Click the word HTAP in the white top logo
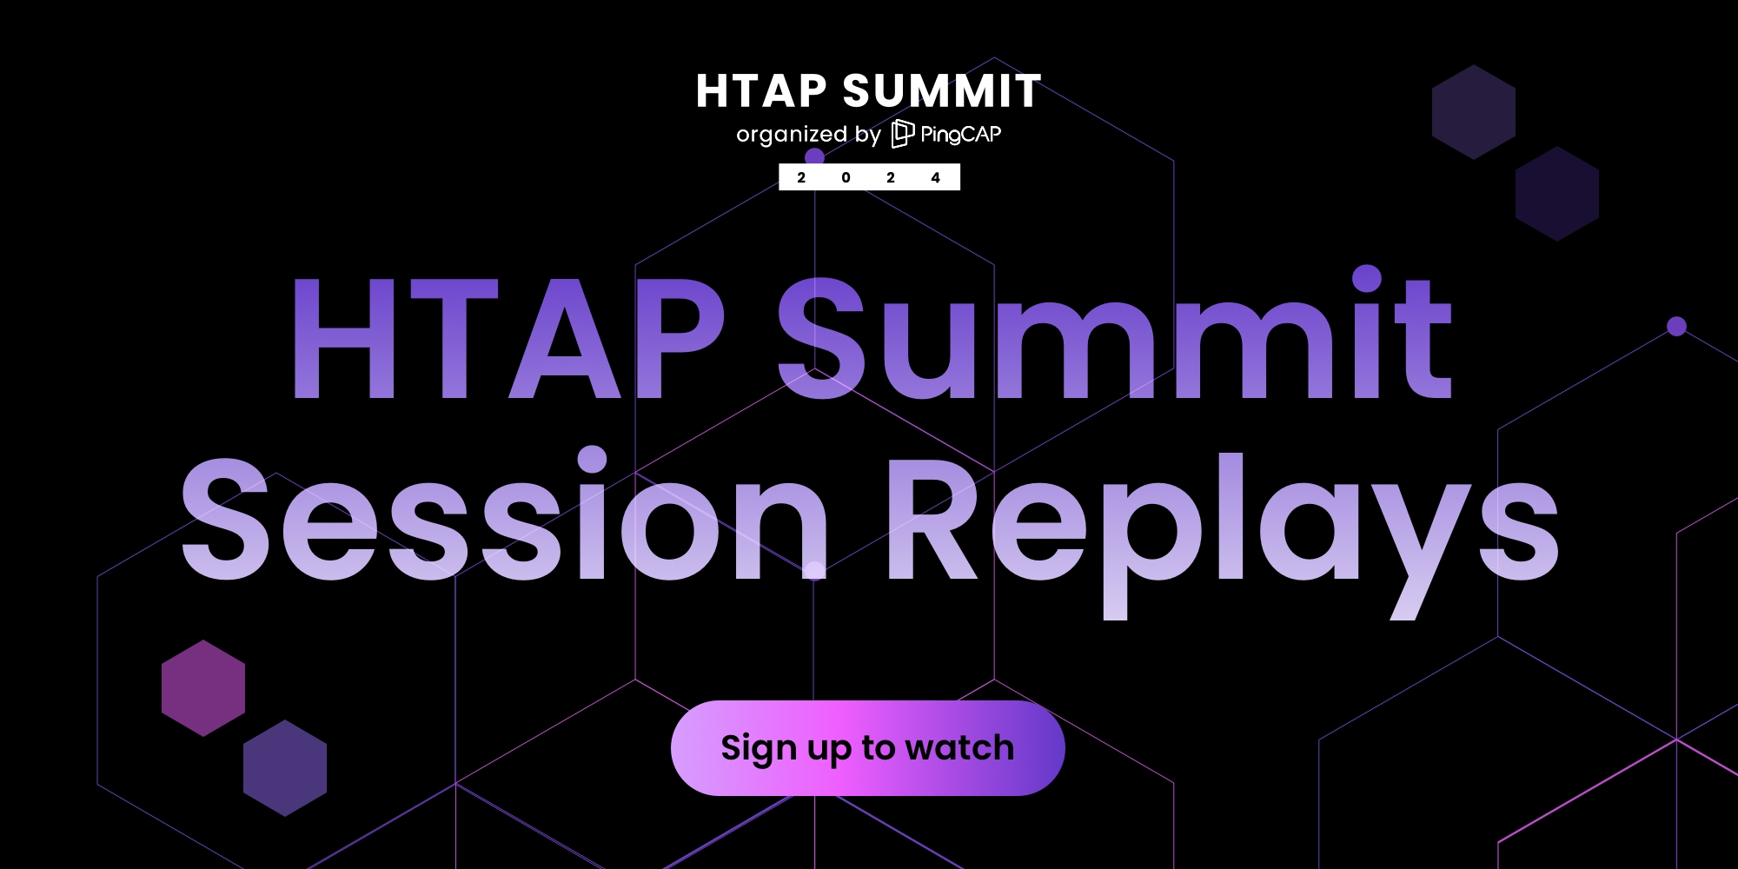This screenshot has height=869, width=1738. point(761,91)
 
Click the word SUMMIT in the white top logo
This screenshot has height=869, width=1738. point(942,91)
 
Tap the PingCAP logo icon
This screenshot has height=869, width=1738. point(903,134)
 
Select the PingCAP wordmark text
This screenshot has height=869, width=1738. point(961,134)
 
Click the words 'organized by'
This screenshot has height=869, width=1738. point(808,135)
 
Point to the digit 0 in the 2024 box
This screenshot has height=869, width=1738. point(846,177)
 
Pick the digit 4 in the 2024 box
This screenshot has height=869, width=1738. point(935,177)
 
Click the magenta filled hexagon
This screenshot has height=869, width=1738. point(203,688)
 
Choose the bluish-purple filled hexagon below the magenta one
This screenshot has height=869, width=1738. point(285,768)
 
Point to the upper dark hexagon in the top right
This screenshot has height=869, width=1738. point(1474,111)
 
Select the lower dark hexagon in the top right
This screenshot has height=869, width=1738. point(1557,193)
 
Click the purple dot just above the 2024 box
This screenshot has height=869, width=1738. point(814,157)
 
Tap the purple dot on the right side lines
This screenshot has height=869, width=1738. point(1677,327)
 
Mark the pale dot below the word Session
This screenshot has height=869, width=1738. point(814,571)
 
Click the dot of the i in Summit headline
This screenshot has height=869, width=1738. point(1366,278)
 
